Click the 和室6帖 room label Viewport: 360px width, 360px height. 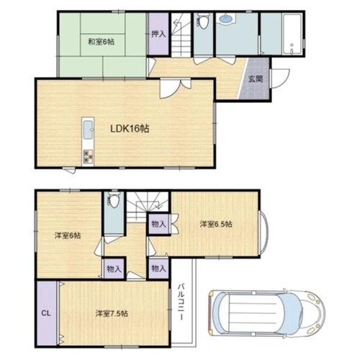[101, 42]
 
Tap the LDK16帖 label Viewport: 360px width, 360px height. [130, 129]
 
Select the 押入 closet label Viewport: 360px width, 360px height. [158, 34]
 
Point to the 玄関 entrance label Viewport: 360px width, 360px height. [256, 78]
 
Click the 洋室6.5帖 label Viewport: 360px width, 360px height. [216, 225]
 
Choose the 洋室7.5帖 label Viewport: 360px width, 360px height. [112, 313]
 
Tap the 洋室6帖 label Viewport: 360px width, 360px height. [68, 235]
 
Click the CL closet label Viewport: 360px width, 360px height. [46, 313]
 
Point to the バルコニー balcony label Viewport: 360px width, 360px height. [181, 302]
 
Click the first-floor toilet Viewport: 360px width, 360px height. [203, 21]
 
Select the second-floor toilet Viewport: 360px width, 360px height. [113, 199]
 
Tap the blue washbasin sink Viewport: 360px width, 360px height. [225, 19]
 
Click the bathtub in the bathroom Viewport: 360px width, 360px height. [292, 35]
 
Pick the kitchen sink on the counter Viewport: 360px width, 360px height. [88, 130]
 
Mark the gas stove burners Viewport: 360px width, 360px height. [88, 156]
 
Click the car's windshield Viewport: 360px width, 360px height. [291, 313]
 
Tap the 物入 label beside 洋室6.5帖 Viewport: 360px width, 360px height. [158, 225]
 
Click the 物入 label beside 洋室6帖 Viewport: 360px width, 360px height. [114, 269]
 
